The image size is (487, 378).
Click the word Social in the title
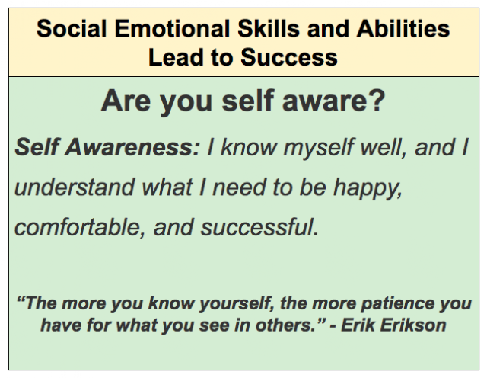click(72, 29)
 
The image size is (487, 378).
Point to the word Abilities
click(403, 29)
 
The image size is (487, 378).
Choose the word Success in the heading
click(289, 57)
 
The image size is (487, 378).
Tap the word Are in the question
click(126, 101)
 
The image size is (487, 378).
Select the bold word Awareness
click(132, 147)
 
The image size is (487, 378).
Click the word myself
click(318, 148)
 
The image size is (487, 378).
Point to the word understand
click(75, 187)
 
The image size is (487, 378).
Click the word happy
click(368, 188)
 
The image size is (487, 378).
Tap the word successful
click(259, 227)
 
